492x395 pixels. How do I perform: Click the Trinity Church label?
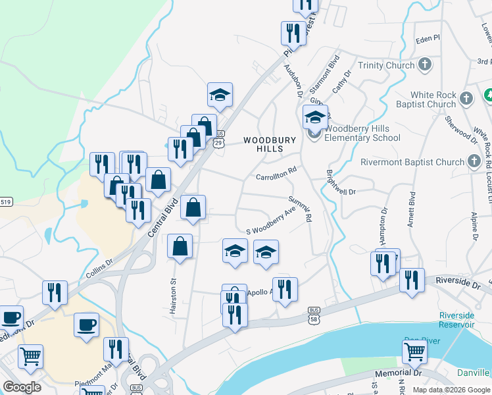pos(386,65)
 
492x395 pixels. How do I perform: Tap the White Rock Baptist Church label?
pos(432,99)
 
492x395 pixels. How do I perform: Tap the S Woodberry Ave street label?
pos(270,223)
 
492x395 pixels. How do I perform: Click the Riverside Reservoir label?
pos(456,320)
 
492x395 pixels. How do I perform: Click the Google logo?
pos(22,387)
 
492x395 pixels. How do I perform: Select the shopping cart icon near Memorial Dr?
pos(414,352)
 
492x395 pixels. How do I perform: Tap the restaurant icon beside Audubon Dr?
pos(293,34)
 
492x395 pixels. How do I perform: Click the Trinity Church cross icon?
pos(426,65)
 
